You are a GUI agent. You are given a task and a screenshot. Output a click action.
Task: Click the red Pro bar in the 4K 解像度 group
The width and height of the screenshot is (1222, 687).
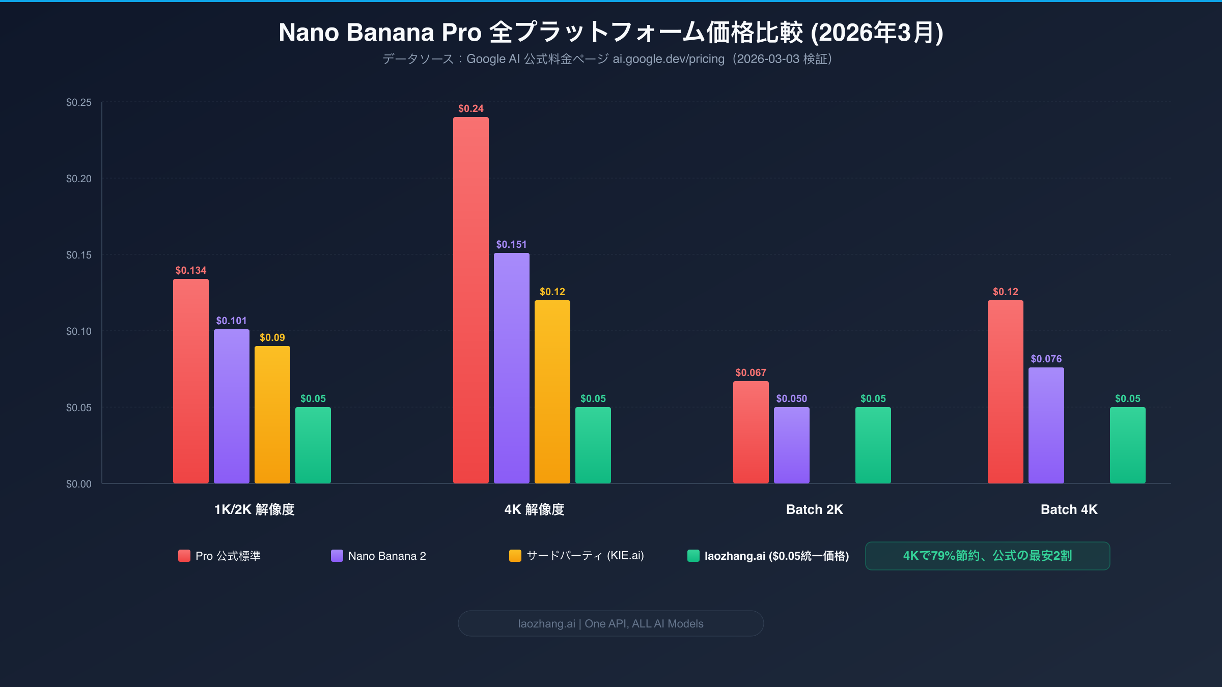470,300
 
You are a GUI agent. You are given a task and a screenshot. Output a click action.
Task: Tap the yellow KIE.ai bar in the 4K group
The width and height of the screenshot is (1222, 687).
552,392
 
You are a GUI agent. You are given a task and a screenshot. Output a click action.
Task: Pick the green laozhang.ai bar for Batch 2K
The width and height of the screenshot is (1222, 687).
873,445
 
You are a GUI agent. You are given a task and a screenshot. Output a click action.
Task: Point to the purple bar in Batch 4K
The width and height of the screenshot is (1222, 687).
1046,425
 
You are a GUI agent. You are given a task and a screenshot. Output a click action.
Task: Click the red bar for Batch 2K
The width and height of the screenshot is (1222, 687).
751,433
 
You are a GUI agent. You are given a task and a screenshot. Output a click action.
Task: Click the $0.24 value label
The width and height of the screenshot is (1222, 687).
470,108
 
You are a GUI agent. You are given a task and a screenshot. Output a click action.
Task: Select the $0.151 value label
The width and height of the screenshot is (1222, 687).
511,244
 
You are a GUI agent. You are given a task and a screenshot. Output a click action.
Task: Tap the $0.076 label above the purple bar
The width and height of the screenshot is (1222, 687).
1046,359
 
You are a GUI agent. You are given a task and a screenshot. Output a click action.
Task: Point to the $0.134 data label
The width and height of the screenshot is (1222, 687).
190,270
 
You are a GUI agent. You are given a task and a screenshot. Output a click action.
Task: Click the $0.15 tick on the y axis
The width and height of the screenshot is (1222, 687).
79,255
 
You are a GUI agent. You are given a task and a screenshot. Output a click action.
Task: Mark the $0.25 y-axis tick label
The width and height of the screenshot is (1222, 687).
79,102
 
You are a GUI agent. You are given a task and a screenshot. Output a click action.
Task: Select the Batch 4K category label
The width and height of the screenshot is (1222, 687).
1069,509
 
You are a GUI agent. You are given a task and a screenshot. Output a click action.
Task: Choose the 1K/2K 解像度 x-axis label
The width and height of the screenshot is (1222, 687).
254,509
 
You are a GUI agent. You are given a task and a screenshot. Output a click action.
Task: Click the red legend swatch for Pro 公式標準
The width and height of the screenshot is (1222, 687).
184,556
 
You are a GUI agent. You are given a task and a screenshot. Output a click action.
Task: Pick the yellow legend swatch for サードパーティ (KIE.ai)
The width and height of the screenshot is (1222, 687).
515,556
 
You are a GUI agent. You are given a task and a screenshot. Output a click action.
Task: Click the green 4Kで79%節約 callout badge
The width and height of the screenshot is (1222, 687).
987,556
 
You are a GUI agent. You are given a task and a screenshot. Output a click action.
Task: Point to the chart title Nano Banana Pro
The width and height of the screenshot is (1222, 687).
610,33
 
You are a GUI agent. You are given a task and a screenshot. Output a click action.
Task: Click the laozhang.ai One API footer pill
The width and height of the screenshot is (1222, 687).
610,623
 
